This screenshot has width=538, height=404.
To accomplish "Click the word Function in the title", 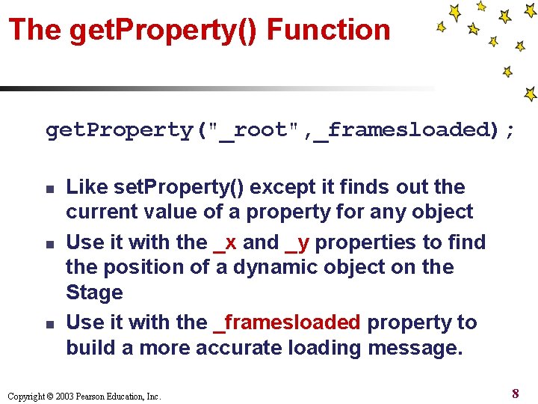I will click(x=329, y=30).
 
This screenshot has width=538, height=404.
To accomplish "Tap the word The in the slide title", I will click(x=34, y=30).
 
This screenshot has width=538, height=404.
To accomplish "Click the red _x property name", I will click(x=225, y=242).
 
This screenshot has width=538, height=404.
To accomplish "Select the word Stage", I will click(x=94, y=293).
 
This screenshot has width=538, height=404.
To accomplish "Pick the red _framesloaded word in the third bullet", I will click(x=287, y=322).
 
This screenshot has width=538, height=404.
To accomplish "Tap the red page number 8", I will click(x=516, y=393).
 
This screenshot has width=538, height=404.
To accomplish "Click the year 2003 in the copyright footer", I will click(x=64, y=397).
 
